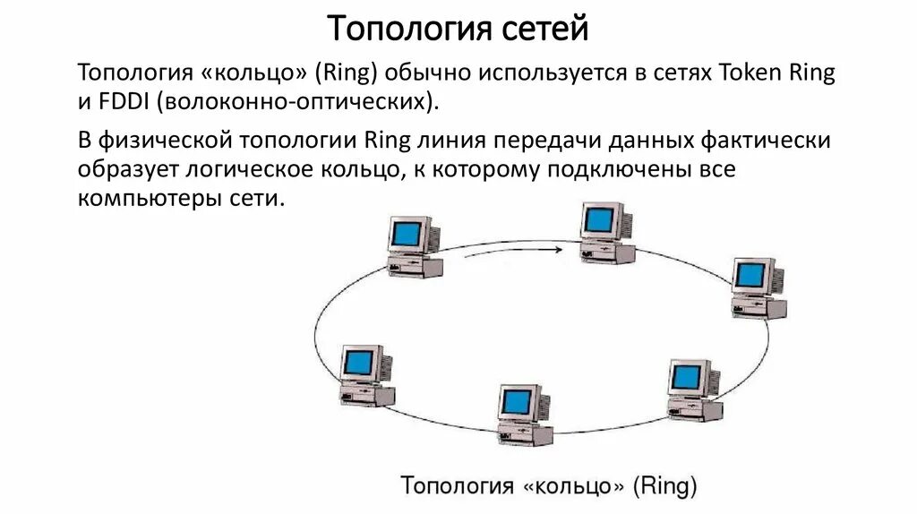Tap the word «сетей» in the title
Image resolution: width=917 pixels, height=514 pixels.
550,29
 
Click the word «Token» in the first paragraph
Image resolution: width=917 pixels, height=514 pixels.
755,73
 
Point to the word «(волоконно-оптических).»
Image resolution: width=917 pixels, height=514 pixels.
299,101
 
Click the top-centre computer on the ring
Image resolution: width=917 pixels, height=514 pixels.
605,231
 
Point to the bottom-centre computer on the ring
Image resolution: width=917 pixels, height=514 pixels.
525,414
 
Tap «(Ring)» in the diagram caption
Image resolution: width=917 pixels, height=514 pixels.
664,486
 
